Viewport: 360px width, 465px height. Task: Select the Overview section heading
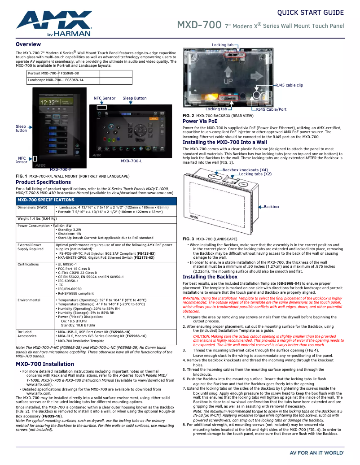(28, 44)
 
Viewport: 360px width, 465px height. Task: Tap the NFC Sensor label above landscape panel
(104, 98)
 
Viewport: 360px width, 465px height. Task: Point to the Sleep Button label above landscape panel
(135, 98)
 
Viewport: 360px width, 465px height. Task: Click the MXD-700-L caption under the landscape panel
(132, 161)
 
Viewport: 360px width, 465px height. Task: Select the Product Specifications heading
(43, 182)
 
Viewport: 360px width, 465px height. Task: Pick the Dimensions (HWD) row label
(32, 208)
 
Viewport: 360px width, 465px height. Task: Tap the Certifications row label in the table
(28, 265)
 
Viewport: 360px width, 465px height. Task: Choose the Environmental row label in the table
(29, 300)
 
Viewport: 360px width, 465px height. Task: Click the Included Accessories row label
(27, 334)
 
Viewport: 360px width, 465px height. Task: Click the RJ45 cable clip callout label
(289, 85)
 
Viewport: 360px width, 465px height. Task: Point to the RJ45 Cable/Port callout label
(271, 109)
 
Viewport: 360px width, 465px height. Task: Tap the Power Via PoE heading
(200, 121)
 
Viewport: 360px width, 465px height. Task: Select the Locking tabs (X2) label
(255, 174)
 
